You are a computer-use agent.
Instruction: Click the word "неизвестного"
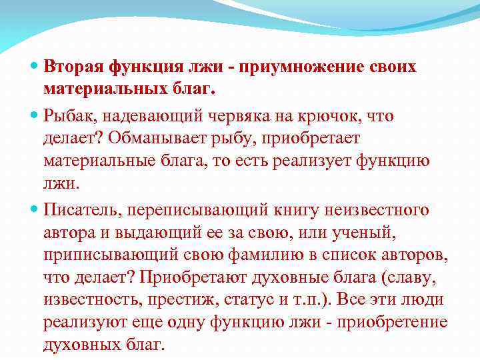coord(387,211)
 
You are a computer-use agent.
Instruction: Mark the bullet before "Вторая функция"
coord(35,67)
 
